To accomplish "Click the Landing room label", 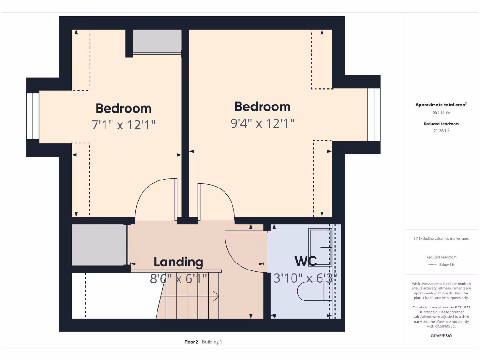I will [x=178, y=262].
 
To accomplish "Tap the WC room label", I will [x=306, y=261].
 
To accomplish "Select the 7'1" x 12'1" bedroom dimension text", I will [x=123, y=125].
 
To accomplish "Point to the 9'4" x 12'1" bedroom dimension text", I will [x=262, y=123].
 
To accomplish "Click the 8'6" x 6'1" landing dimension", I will [x=178, y=279].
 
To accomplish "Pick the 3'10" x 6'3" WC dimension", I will [x=306, y=278].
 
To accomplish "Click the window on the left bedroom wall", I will [x=32, y=116].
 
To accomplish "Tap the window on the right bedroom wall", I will [x=374, y=114].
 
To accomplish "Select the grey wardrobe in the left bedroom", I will [x=157, y=42].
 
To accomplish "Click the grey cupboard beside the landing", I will [x=99, y=244].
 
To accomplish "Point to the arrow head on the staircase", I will [x=217, y=296].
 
